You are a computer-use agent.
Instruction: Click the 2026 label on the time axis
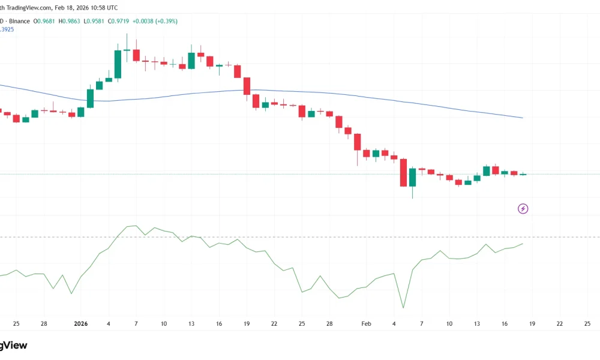tap(80, 323)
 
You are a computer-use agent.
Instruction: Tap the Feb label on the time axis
tap(367, 323)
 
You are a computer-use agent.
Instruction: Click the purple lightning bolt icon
tap(523, 209)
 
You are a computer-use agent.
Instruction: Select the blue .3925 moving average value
tap(8, 29)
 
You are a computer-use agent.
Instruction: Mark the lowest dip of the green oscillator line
tap(403, 308)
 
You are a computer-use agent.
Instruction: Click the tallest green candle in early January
tap(118, 64)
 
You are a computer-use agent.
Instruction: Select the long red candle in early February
tap(403, 173)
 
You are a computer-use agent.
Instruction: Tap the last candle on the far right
tap(523, 174)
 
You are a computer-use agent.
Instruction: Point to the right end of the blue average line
tap(523, 118)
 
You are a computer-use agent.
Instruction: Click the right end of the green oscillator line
tap(523, 244)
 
